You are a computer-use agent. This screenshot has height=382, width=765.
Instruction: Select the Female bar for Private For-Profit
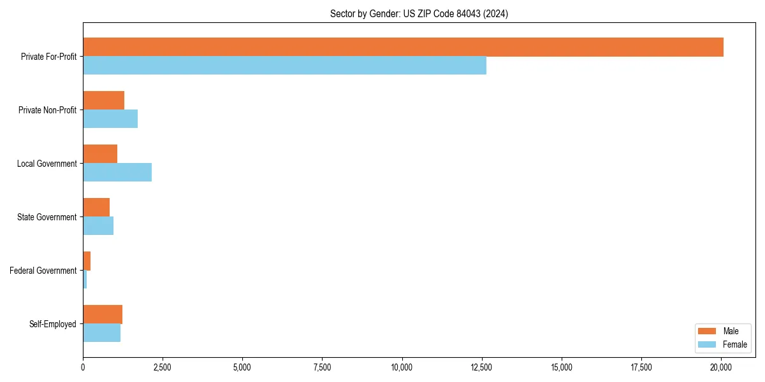coord(284,65)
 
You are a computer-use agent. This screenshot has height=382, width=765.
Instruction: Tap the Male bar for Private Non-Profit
coord(103,101)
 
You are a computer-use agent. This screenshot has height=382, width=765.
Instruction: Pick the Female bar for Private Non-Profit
coord(110,118)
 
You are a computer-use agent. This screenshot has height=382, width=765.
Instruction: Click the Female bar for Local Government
coord(117,172)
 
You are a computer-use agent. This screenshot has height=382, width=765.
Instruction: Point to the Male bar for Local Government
coord(100,154)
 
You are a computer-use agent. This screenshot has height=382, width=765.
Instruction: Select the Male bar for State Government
coord(96,208)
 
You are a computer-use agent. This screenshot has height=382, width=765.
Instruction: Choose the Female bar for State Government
coord(98,225)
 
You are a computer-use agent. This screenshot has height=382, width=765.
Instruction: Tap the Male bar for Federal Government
coord(87,261)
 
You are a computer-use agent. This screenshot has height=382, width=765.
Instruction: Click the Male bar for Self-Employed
coord(103,315)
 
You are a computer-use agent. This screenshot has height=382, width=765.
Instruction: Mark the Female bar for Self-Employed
coord(101,332)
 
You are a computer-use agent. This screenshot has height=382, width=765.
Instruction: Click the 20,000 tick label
coord(721,367)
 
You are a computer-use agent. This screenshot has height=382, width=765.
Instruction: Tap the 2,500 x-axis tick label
coord(163,367)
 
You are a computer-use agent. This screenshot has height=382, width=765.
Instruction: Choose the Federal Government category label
coord(43,271)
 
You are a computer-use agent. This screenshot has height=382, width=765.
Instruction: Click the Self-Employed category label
coord(53,324)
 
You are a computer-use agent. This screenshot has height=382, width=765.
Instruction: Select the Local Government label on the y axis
coord(47,164)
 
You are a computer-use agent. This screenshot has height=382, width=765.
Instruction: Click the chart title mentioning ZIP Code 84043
coord(419,13)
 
